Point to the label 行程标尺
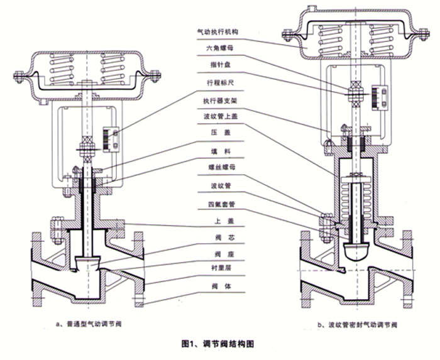214,82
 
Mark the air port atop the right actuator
312,9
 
